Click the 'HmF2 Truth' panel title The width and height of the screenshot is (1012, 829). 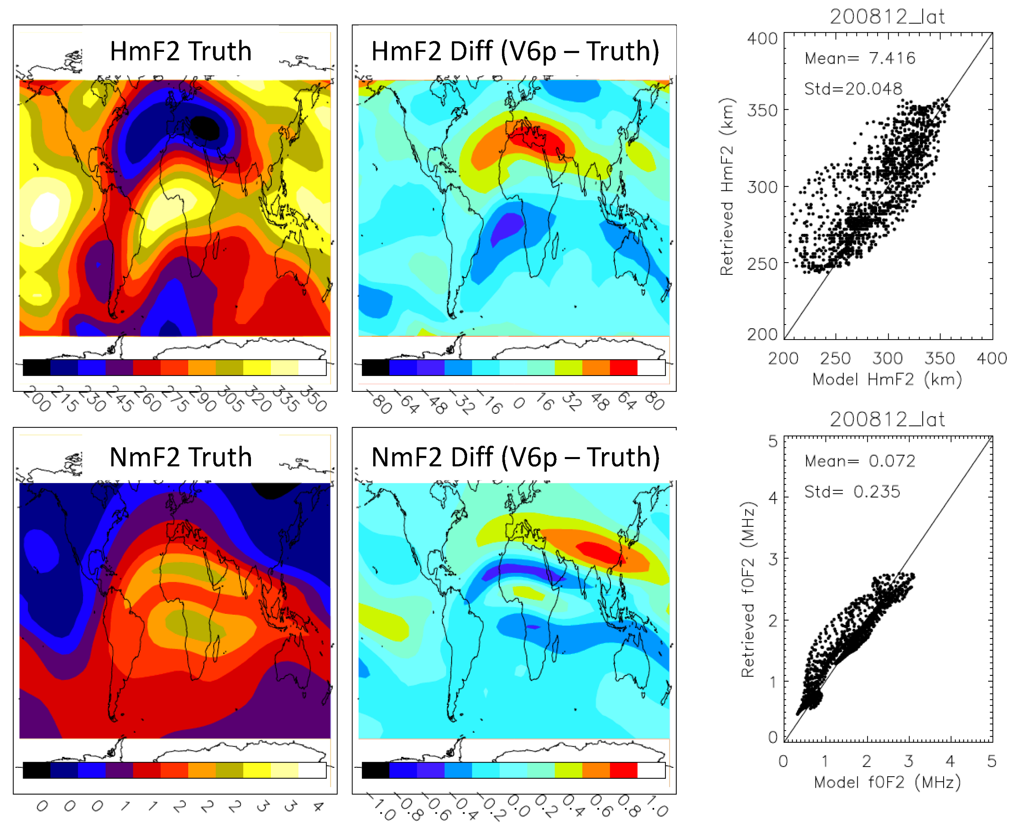(181, 51)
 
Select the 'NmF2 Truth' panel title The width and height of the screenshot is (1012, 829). (181, 457)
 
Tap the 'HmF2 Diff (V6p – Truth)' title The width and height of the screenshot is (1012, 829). (515, 51)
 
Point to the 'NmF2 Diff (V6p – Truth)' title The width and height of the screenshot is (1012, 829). (515, 457)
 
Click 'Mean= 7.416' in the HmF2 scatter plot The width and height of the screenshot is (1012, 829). (859, 58)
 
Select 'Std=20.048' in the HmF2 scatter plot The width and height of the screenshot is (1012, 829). (853, 89)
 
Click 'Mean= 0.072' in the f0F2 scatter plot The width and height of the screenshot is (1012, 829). (859, 461)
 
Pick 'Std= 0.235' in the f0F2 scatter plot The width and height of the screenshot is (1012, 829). (852, 491)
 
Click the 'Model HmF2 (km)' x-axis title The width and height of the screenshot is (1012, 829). (887, 379)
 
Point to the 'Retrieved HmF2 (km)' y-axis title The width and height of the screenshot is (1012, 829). (727, 187)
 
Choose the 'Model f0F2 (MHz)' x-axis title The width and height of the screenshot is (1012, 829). (887, 782)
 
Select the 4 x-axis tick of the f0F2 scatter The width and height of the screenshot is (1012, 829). (950, 761)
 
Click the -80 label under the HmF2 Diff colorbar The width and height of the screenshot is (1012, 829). (380, 401)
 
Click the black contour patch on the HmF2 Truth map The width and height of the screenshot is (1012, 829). (205, 128)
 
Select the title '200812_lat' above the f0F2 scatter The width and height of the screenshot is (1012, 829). (887, 419)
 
